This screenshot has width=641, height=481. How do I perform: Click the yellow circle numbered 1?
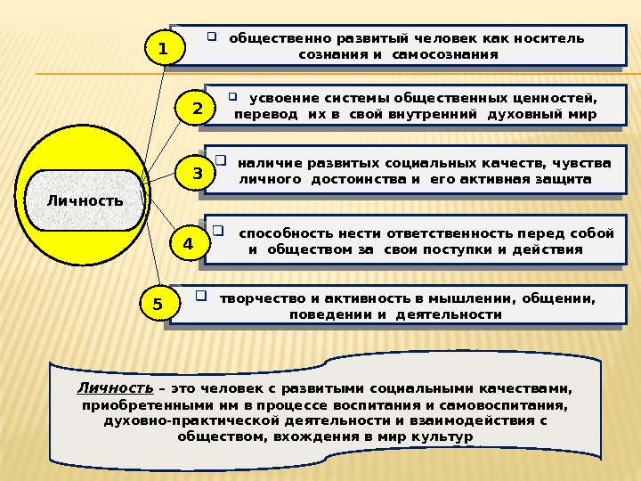point(163,50)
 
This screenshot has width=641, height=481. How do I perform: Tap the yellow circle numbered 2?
point(197,109)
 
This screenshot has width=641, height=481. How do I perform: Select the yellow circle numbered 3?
point(197,174)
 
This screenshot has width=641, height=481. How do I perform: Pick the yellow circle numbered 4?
point(188,243)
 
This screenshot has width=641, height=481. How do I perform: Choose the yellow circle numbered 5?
point(158,305)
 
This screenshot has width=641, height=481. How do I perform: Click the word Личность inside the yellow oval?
point(85,200)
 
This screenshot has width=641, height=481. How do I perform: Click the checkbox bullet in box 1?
point(213,37)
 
